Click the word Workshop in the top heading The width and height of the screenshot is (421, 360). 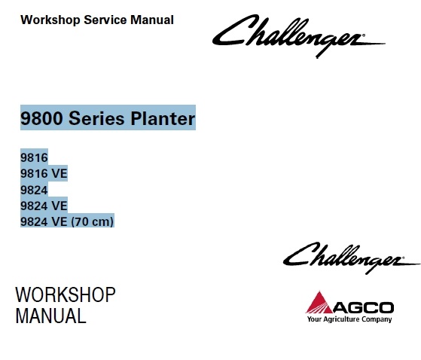pyautogui.click(x=50, y=20)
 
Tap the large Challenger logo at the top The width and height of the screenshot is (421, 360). pyautogui.click(x=298, y=36)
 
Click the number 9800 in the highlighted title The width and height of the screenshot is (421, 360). pyautogui.click(x=42, y=118)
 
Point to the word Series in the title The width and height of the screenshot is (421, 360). pyautogui.click(x=96, y=118)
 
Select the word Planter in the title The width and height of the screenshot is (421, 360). pyautogui.click(x=163, y=118)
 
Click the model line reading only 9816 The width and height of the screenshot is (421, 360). pyautogui.click(x=34, y=157)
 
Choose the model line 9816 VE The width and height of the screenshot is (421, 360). pyautogui.click(x=44, y=173)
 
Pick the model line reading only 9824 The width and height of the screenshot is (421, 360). pyautogui.click(x=34, y=190)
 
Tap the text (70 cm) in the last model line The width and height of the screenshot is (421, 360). pyautogui.click(x=92, y=222)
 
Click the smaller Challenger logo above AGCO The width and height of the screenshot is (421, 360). pyautogui.click(x=352, y=258)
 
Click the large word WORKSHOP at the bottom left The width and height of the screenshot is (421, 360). pyautogui.click(x=66, y=294)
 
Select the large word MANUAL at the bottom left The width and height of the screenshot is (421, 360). pyautogui.click(x=50, y=316)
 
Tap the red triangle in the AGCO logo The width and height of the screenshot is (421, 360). pyautogui.click(x=319, y=303)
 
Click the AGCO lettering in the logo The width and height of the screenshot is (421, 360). pyautogui.click(x=364, y=307)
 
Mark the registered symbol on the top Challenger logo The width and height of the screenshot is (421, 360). pyautogui.click(x=364, y=35)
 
